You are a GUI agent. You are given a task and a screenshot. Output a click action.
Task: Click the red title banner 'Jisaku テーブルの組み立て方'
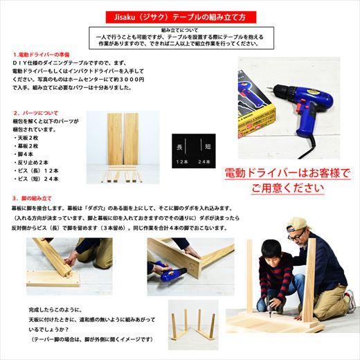click(179, 15)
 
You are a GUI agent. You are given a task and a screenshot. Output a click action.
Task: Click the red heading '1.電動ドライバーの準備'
click(42, 54)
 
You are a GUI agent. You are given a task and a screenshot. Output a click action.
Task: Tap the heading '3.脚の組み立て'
click(37, 197)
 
